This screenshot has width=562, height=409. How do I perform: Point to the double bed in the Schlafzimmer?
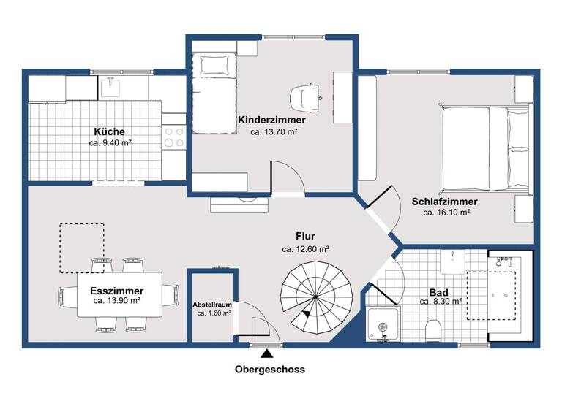pos(485,147)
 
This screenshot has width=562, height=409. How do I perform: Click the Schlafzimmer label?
pos(445,202)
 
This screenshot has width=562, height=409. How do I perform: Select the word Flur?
pos(305,237)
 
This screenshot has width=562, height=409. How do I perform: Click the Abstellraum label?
pos(212,304)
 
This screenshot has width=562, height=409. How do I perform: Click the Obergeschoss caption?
pos(270,370)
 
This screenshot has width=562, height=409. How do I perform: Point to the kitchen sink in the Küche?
pos(111,88)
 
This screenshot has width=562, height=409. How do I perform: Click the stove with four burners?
pos(174,137)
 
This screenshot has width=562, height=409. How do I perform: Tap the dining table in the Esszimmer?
pos(120,294)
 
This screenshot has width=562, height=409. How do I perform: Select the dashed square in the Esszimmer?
pos(82,244)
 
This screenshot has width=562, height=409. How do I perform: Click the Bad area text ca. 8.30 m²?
pos(440,301)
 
